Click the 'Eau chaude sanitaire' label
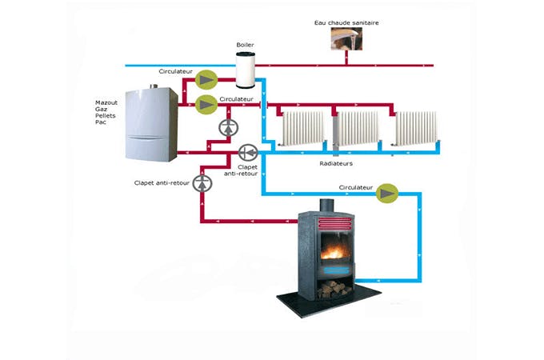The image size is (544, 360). point(346,23)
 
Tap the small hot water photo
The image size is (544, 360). point(346,45)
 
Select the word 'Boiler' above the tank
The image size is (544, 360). point(245,45)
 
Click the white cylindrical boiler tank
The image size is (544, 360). point(246,70)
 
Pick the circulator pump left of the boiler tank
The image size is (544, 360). point(207,78)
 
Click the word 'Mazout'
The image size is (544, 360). point(107,102)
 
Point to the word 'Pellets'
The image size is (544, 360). point(106,116)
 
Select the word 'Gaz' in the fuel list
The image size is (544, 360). point(102,109)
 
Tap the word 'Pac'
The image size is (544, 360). point(101,122)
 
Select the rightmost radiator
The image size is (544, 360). point(416,129)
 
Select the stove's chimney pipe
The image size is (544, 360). point(327,206)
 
